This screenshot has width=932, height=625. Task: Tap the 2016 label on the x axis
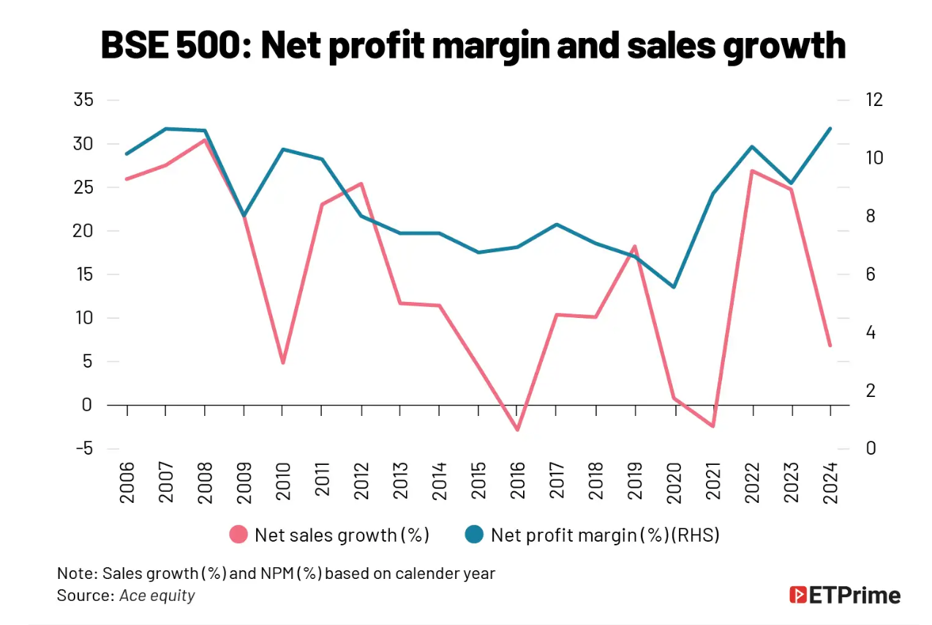(x=517, y=482)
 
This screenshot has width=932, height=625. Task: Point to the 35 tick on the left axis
(x=84, y=100)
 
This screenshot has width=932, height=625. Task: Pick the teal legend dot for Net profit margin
(x=475, y=535)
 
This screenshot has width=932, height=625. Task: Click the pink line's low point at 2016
(x=517, y=429)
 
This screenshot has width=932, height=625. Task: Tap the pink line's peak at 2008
(x=205, y=140)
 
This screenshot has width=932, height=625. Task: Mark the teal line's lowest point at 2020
(x=674, y=287)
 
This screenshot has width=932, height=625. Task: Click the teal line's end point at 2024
(x=830, y=129)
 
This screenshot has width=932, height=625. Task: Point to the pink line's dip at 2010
(x=283, y=363)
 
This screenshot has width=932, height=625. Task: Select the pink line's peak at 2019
(x=635, y=246)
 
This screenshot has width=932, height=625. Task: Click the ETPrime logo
(x=845, y=595)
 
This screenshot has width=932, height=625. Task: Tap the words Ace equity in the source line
(x=158, y=595)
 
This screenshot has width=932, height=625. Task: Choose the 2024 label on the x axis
(x=830, y=482)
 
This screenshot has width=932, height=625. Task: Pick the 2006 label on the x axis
(x=127, y=482)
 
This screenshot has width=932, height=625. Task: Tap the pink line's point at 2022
(x=752, y=171)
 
